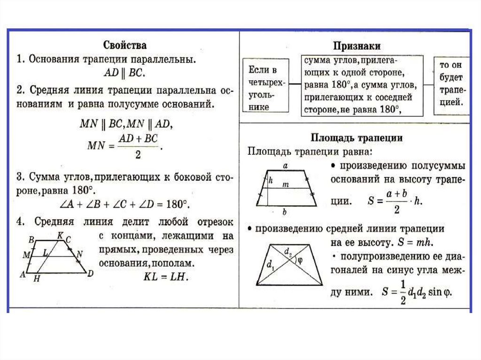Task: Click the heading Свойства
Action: tap(124, 46)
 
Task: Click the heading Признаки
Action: tap(357, 46)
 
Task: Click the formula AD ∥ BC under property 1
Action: tap(124, 73)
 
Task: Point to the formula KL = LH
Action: tap(165, 277)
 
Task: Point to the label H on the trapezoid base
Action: tap(37, 278)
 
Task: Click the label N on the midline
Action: tap(79, 254)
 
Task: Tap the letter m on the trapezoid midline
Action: tap(285, 185)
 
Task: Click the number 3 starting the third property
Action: tap(20, 177)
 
